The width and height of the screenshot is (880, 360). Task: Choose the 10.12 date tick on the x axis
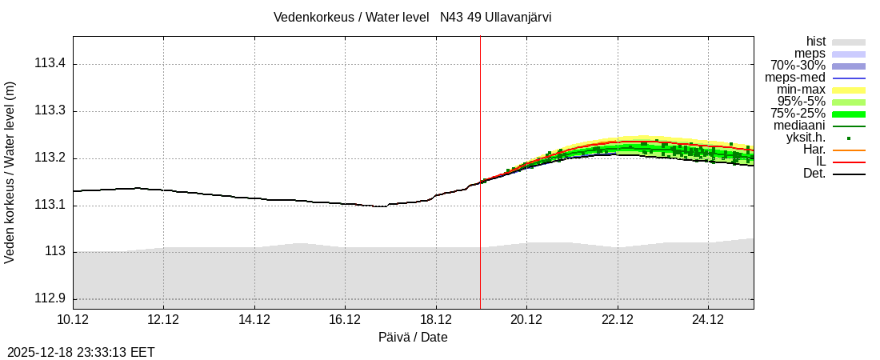(x=73, y=319)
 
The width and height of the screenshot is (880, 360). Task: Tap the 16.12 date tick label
(x=345, y=319)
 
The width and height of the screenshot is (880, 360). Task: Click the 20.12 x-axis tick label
(x=526, y=319)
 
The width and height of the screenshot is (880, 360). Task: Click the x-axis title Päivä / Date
(x=413, y=338)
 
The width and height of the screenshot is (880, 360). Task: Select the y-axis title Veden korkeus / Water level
(x=10, y=172)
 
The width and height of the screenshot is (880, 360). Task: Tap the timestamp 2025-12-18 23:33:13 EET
(x=81, y=352)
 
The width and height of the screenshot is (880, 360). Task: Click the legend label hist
(x=815, y=42)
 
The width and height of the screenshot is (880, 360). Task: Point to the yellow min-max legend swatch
(x=849, y=90)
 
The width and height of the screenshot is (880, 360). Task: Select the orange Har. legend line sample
(x=849, y=150)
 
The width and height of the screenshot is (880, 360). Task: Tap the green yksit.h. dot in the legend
(x=849, y=138)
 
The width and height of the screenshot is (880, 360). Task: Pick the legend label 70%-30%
(x=798, y=66)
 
